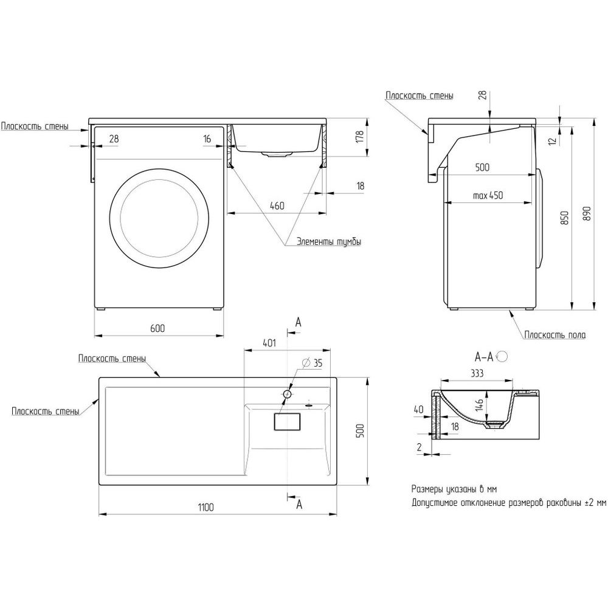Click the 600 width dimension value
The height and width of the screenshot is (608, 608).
(x=157, y=328)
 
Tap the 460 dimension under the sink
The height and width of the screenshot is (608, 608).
(x=277, y=206)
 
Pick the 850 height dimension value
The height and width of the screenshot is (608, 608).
(x=564, y=217)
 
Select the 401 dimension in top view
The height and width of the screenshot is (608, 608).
(x=269, y=344)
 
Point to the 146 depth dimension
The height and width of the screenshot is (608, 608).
(x=479, y=405)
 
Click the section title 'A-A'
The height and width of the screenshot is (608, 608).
(x=484, y=356)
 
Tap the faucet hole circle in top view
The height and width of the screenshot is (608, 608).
(x=288, y=394)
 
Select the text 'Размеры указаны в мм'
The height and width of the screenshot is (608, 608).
(x=454, y=489)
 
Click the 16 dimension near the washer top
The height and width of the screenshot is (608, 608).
(x=207, y=139)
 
